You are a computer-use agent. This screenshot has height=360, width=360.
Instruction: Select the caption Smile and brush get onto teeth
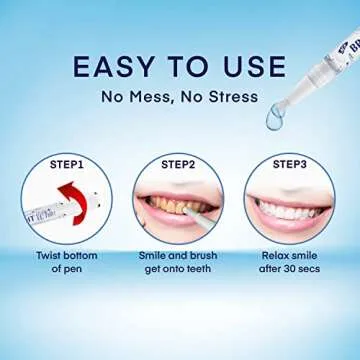[x=177, y=264]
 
